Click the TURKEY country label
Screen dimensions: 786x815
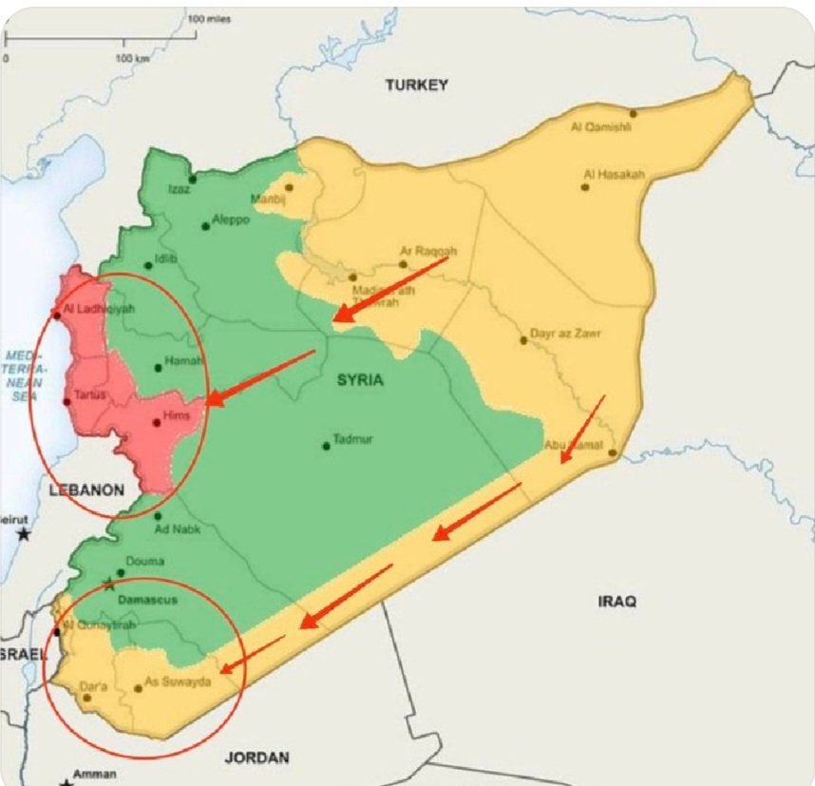pos(416,86)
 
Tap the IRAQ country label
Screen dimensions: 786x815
pos(616,602)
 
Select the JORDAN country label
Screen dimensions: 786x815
pos(256,757)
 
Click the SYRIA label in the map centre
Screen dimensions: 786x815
pos(360,380)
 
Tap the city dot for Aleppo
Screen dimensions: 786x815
pos(206,226)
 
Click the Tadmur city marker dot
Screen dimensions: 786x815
pos(327,446)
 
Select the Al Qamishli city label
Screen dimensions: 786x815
pos(600,126)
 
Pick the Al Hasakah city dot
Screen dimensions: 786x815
pos(585,187)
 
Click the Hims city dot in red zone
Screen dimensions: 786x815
pos(157,423)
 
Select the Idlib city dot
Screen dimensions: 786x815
pos(148,265)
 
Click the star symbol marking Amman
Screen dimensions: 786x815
pos(66,781)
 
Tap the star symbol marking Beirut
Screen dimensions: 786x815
pos(24,534)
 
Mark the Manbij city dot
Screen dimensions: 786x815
pos(288,187)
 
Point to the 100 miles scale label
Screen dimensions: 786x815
pos(211,19)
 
